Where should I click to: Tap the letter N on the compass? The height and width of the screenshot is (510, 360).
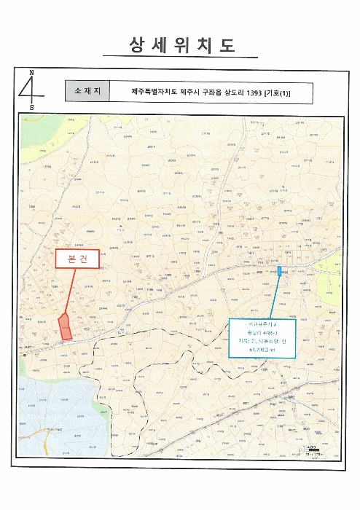31,73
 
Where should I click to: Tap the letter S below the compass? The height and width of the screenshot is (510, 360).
31,108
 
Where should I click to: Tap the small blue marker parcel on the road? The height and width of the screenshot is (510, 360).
279,272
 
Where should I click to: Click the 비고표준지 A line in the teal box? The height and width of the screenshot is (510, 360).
258,323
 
